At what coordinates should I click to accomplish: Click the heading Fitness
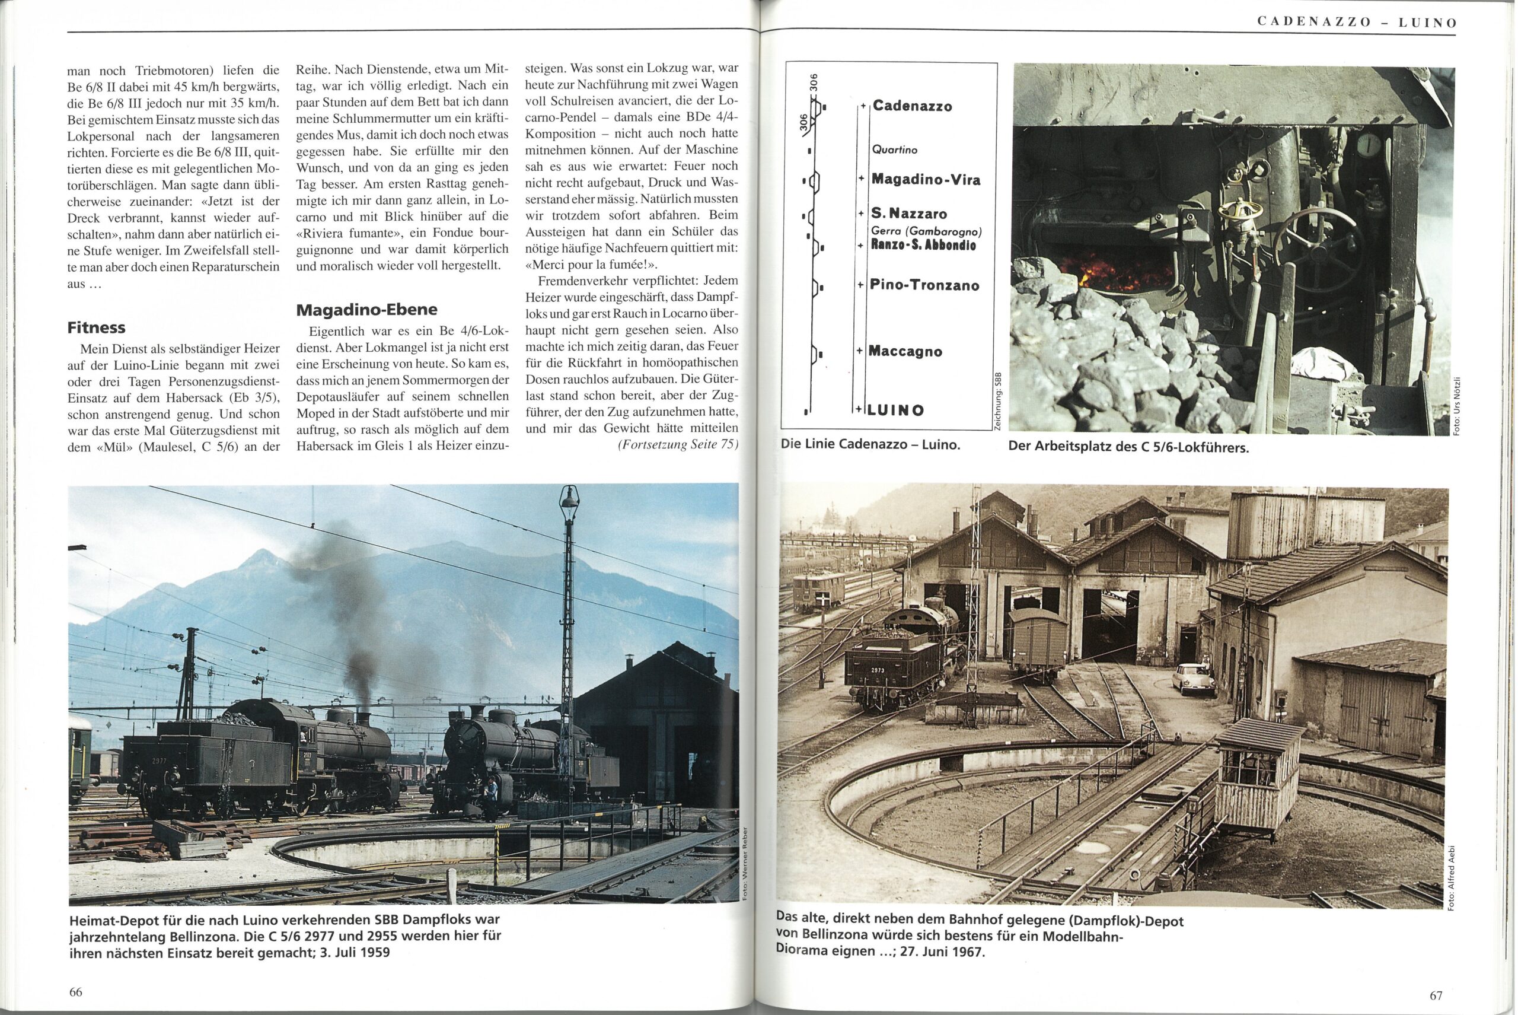(97, 327)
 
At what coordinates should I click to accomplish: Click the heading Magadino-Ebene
(366, 310)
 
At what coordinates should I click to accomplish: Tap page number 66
(76, 992)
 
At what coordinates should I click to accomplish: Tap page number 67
(1435, 995)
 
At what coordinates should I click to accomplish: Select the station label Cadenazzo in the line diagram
(912, 106)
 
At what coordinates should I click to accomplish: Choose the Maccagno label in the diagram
(905, 352)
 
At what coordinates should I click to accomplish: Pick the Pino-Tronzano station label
(924, 285)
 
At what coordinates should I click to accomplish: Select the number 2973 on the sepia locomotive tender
(878, 670)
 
